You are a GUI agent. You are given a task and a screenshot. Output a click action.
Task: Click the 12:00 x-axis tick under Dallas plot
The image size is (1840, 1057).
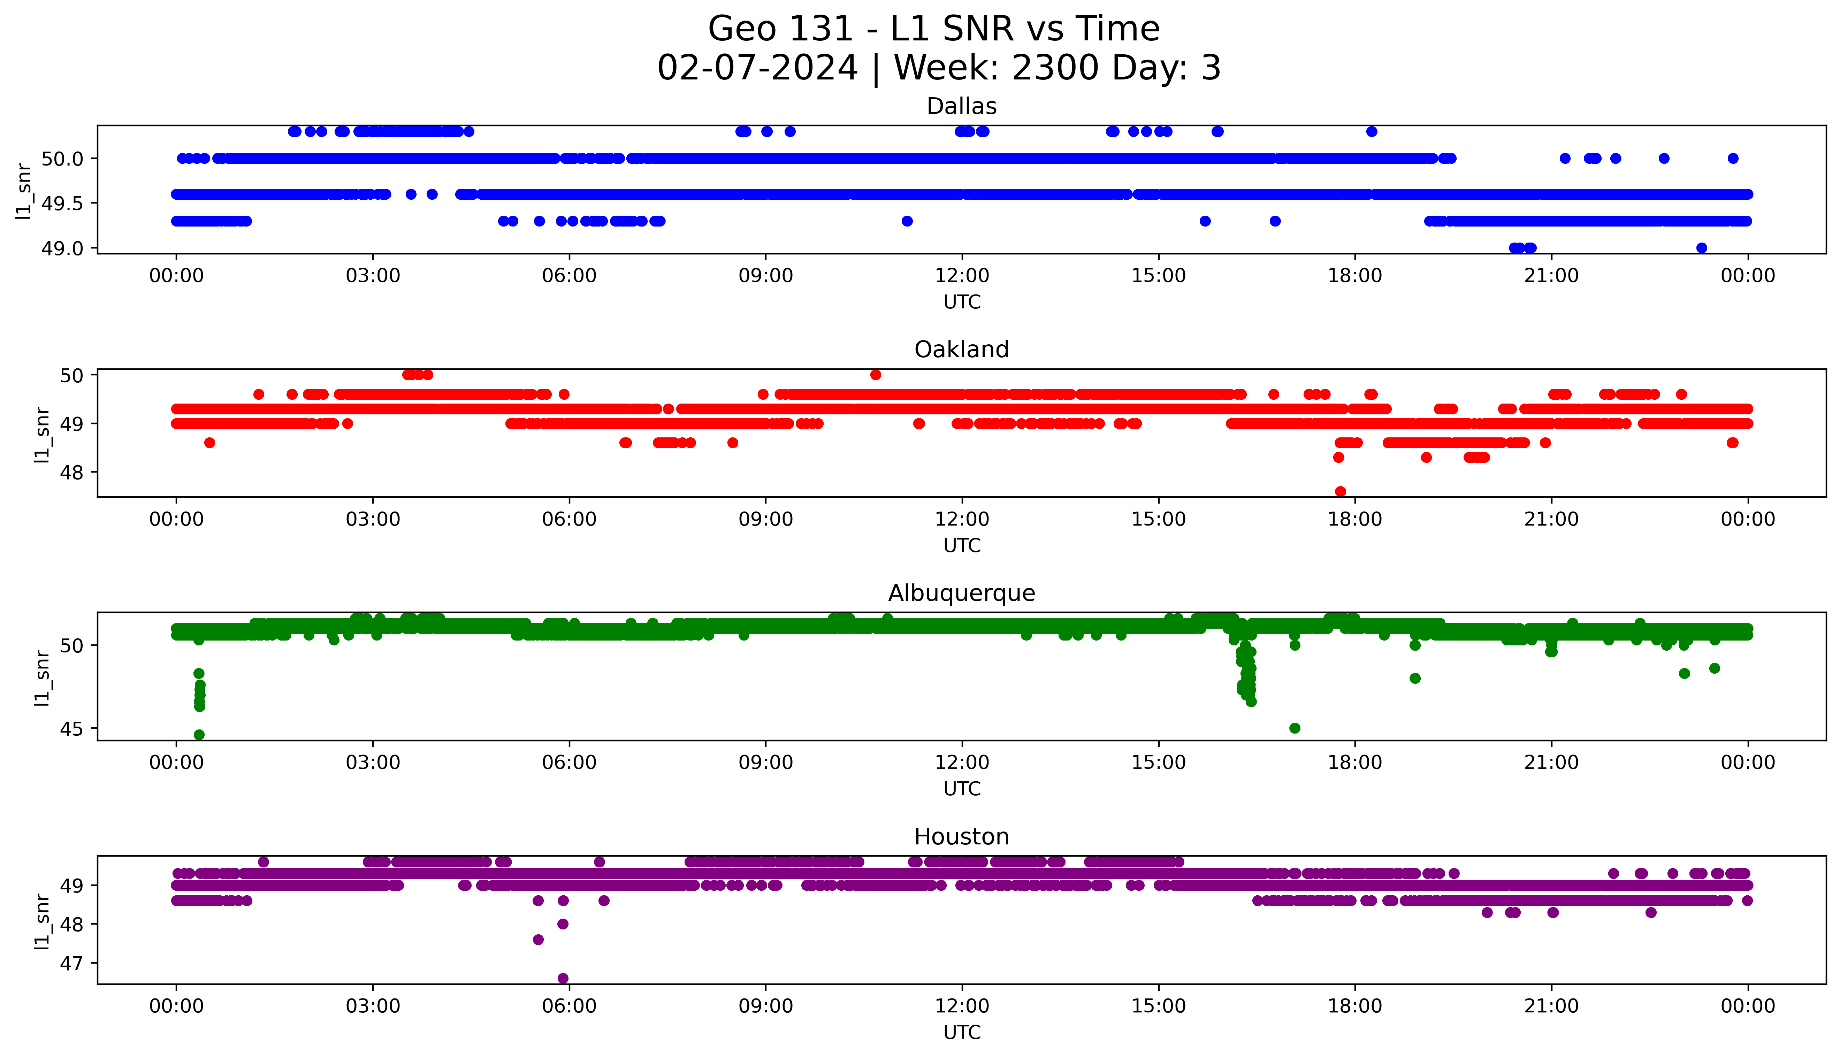pyautogui.click(x=962, y=276)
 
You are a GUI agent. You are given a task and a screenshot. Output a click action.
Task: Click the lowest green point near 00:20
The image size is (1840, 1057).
pyautogui.click(x=199, y=735)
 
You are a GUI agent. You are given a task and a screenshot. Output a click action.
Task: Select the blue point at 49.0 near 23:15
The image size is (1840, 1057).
pyautogui.click(x=1701, y=248)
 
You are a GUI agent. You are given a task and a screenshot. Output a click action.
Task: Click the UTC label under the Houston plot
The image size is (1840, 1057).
pyautogui.click(x=962, y=1032)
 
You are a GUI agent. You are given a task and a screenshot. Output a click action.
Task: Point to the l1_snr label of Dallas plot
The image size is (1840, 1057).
pyautogui.click(x=24, y=191)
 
